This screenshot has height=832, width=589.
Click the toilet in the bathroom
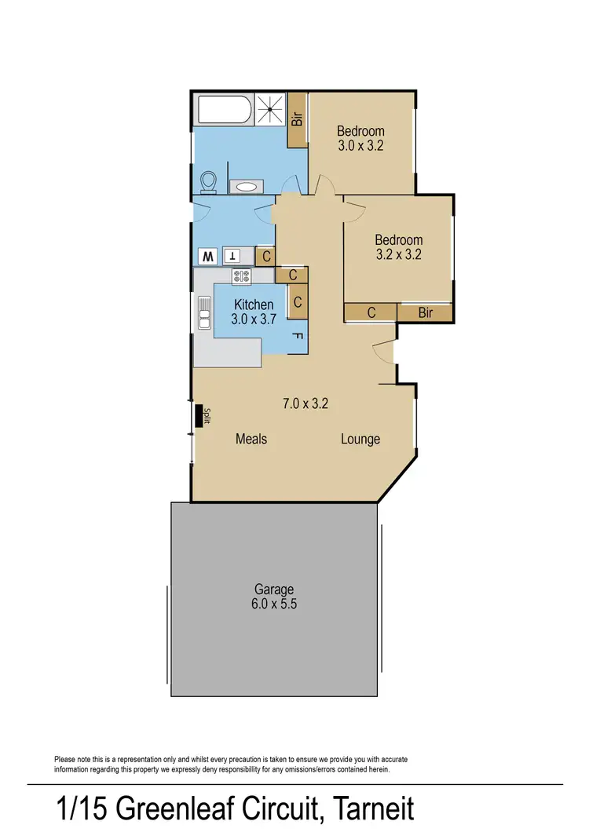209,182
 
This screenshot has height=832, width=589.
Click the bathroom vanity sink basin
247,187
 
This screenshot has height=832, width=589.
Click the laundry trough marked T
234,256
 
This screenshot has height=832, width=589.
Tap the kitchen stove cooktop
241,276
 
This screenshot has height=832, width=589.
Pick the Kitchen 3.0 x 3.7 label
253,312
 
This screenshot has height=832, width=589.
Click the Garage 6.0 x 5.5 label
273,597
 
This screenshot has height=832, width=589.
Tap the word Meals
251,439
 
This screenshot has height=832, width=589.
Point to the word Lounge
360,439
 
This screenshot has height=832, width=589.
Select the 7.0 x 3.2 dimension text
305,404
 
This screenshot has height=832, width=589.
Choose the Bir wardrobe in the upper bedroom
298,119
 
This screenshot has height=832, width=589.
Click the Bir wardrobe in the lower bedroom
425,313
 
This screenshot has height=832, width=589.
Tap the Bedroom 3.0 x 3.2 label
360,138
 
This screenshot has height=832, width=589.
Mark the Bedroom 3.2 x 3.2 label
398,247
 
